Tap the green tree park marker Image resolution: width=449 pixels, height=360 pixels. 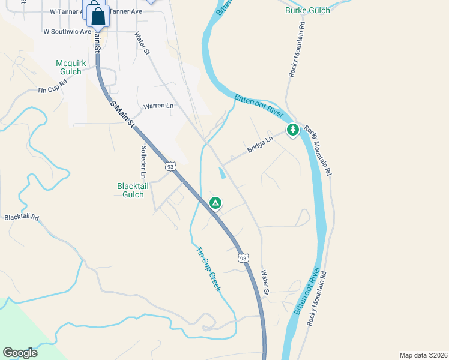[x=292, y=130]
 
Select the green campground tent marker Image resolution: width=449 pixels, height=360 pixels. [x=215, y=203]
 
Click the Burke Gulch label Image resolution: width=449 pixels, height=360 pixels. [x=307, y=10]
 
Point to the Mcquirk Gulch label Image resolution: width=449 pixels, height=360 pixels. [x=71, y=67]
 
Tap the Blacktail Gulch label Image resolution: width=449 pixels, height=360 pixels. [x=130, y=190]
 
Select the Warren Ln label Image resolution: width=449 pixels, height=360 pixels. [x=158, y=106]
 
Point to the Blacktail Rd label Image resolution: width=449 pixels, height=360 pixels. [x=21, y=217]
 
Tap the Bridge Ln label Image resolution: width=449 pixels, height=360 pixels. [x=260, y=144]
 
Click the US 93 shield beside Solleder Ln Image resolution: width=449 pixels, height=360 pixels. [x=171, y=166]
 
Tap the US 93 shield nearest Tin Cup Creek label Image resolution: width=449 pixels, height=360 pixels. [x=243, y=258]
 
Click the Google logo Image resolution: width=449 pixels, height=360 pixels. [x=20, y=353]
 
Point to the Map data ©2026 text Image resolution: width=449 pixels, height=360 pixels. [x=423, y=355]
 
